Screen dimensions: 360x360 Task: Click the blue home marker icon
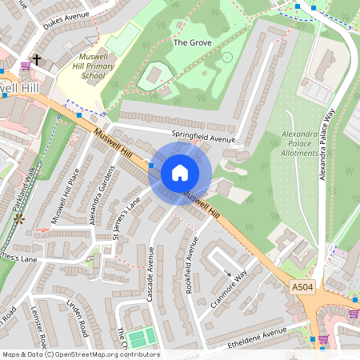[x=180, y=174]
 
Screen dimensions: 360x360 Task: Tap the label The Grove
[x=192, y=42]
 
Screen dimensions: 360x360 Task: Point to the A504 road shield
[x=302, y=286]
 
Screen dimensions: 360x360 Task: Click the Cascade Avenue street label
[x=150, y=274]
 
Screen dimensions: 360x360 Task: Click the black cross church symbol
[x=36, y=60]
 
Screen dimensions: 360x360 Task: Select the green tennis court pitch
[x=140, y=338]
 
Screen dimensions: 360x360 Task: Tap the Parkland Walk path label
[x=27, y=183]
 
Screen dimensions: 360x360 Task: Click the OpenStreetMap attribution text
[x=80, y=354]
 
